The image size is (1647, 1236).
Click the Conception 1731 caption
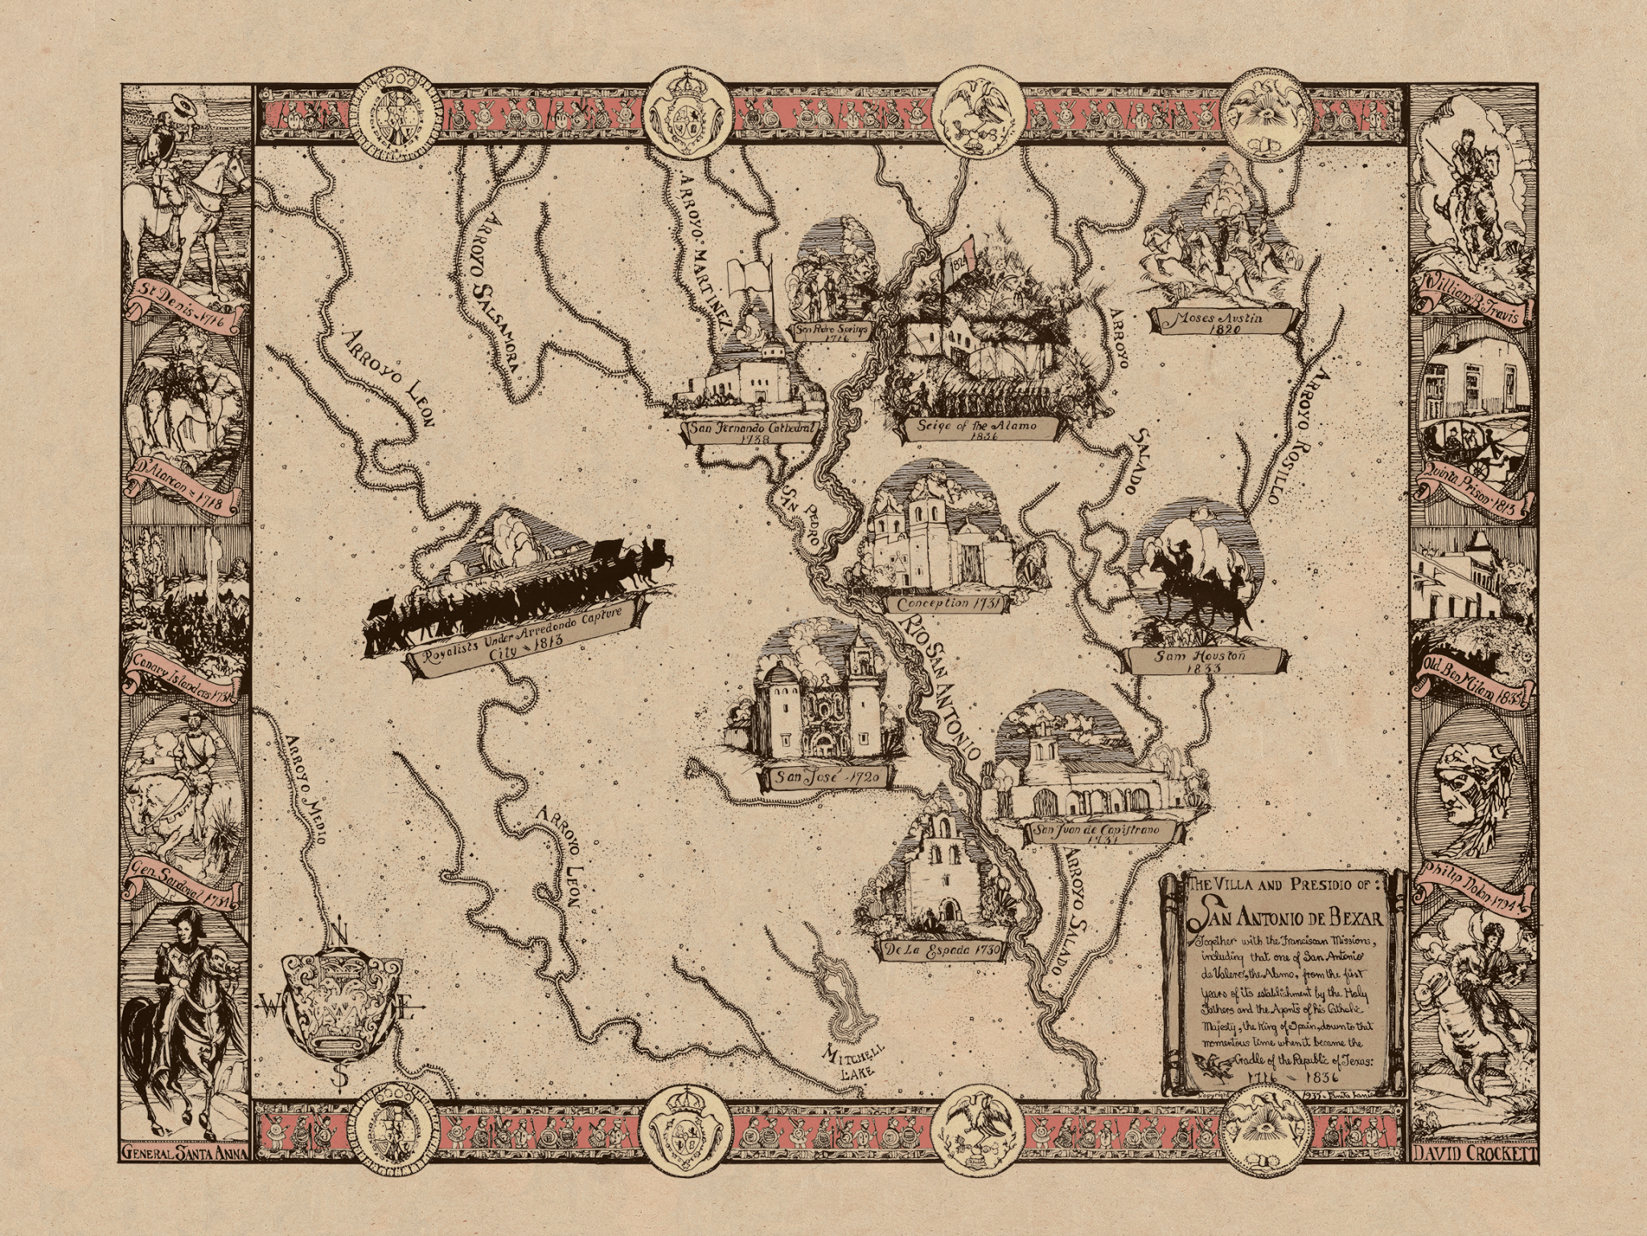pyautogui.click(x=943, y=604)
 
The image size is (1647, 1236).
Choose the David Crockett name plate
pyautogui.click(x=1476, y=1176)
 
